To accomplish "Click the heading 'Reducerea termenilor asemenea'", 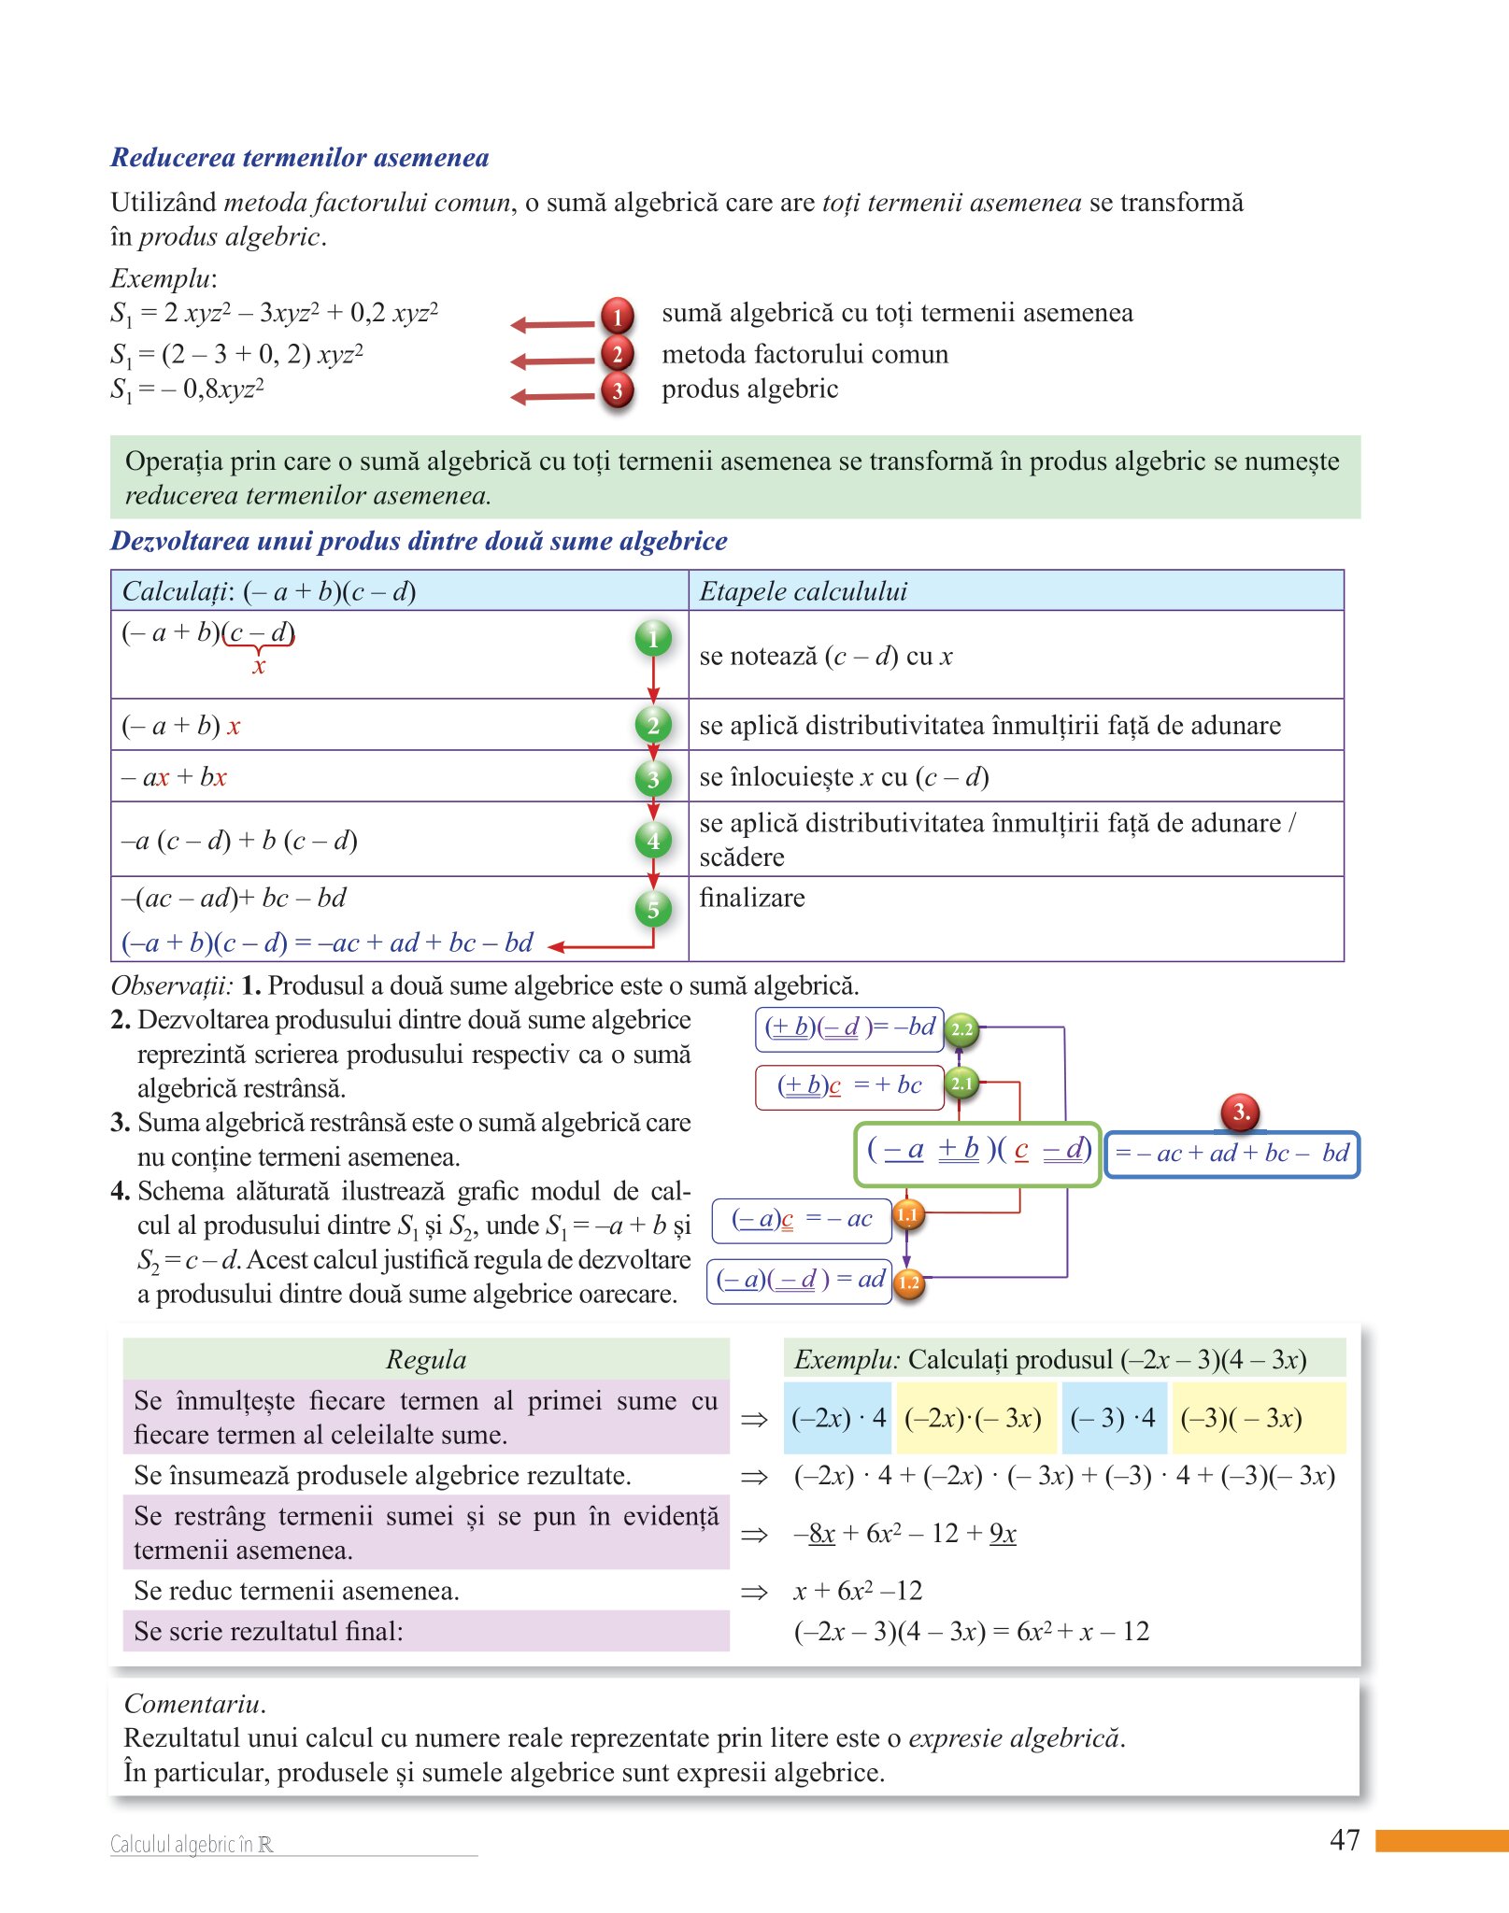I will coord(299,157).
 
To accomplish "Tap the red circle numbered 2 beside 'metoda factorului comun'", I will coord(617,354).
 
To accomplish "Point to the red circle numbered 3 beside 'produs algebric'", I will coord(617,390).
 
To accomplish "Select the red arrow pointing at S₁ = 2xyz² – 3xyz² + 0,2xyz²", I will coord(552,324).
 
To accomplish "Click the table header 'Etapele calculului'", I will coord(804,591).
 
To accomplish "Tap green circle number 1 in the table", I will coord(653,638).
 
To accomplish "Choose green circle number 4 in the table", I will coord(653,840).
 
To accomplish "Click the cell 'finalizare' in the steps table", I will coord(752,898).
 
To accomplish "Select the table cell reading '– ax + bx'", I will coord(175,776).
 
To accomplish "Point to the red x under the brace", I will coord(259,666).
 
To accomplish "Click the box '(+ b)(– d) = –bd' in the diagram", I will coord(848,1027).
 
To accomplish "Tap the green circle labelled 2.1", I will coord(961,1083).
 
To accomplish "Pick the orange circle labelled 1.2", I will coord(908,1282).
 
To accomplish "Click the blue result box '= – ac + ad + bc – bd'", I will coord(1231,1154).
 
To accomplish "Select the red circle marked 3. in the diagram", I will coord(1240,1112).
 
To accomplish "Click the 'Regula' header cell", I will coord(426,1359).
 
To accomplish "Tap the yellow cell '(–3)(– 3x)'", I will coord(1241,1418).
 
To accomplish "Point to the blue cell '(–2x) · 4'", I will coord(838,1418).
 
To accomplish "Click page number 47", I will coord(1345,1839).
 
